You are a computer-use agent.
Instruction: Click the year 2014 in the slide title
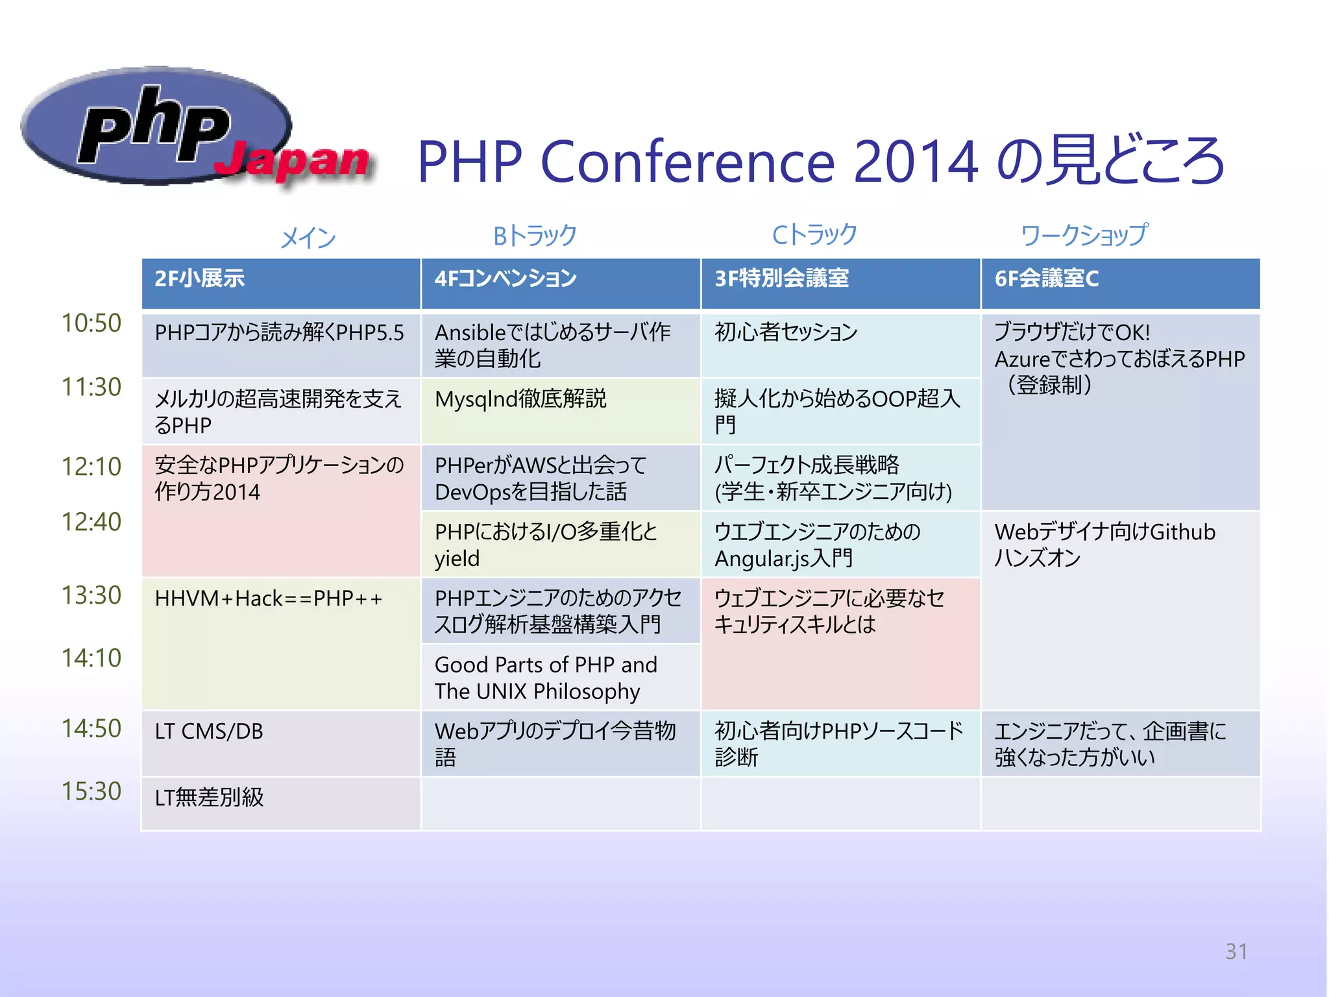[915, 162]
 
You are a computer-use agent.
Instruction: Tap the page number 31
[1236, 951]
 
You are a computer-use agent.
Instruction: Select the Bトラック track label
[535, 236]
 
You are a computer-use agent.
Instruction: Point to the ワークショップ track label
[1084, 235]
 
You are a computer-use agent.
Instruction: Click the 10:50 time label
[91, 323]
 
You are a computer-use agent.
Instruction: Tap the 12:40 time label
[91, 521]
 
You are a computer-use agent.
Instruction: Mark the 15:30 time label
[91, 791]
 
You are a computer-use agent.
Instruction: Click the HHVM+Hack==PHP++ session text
[268, 598]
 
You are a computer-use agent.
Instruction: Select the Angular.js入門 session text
[783, 558]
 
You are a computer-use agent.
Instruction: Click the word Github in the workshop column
[1182, 532]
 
